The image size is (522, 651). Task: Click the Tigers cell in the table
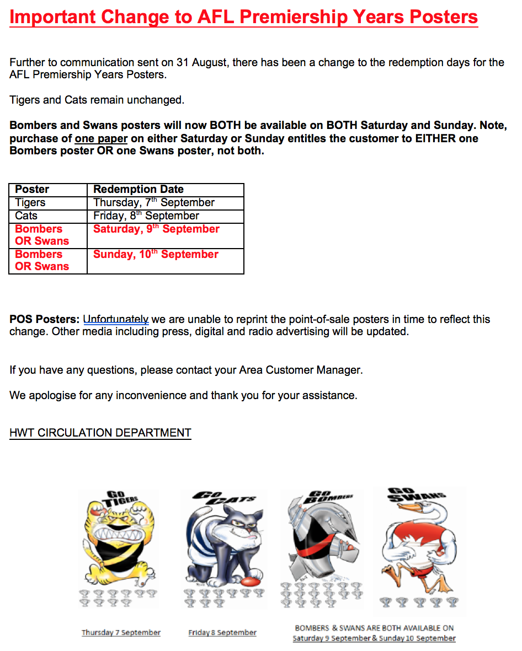coord(30,203)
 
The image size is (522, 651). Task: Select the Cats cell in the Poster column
coord(26,216)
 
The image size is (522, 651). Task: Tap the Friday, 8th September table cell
coord(146,216)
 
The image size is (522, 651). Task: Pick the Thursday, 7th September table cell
coord(154,203)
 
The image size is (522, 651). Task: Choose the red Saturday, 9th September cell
coord(156,229)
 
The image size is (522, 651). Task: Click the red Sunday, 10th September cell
coord(156,255)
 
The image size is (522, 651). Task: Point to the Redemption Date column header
coord(139,190)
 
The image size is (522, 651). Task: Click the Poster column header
coord(32,190)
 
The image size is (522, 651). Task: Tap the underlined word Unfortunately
coord(116,320)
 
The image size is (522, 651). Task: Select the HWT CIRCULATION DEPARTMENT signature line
coord(100,433)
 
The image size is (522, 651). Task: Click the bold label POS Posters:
coord(45,320)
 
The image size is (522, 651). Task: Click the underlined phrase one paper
coord(101,138)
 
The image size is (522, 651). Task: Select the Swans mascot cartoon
coord(419,537)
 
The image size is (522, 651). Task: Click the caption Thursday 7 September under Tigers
coord(121,633)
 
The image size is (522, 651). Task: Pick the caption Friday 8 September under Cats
coord(222,633)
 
